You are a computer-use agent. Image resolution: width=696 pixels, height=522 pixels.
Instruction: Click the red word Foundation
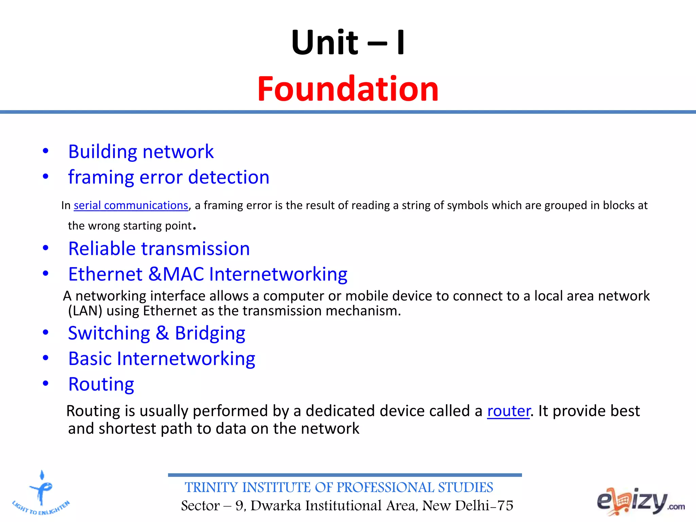coord(348,89)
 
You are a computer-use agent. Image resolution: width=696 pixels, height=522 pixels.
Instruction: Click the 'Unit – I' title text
coord(348,43)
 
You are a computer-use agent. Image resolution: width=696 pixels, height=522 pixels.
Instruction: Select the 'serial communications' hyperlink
coord(131,206)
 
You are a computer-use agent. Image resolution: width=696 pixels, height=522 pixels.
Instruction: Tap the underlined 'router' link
coord(508,411)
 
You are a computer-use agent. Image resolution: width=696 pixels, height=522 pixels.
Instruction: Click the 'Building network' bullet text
coord(141,152)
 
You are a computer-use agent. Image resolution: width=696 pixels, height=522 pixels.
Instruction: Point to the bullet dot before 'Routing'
coord(46,383)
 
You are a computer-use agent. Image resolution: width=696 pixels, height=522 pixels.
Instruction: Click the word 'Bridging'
coord(210,333)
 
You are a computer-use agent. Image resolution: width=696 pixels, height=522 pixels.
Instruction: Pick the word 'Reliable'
coord(102,249)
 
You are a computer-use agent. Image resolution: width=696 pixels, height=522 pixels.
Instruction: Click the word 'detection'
coord(229,177)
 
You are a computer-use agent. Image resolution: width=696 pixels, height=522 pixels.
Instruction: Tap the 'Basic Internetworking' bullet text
coord(162,359)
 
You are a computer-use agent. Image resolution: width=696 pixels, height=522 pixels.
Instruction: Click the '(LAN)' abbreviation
coord(85,311)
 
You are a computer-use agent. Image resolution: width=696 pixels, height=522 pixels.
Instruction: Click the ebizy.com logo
coord(640,501)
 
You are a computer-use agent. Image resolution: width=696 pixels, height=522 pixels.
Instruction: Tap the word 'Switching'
coord(109,333)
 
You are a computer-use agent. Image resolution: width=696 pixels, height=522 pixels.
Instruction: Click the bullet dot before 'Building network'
coord(46,151)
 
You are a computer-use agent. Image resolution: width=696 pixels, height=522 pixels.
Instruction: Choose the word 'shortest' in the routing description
coord(127,429)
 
